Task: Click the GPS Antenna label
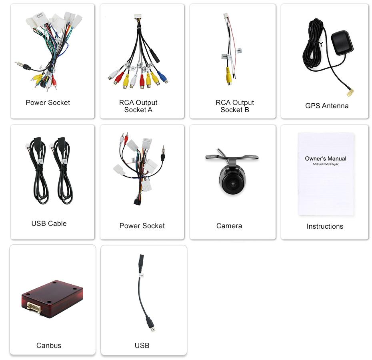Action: [x=326, y=106]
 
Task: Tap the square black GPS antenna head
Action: [x=342, y=40]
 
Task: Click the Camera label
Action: [x=229, y=226]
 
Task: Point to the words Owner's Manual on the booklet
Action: [x=326, y=159]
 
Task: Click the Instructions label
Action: [x=325, y=226]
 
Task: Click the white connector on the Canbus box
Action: [x=35, y=307]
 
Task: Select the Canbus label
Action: [x=49, y=345]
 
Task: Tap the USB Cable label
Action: [x=49, y=223]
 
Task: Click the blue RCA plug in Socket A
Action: [x=162, y=76]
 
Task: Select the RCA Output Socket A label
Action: [x=138, y=106]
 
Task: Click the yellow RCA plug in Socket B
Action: [x=229, y=76]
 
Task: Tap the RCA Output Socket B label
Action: [x=235, y=106]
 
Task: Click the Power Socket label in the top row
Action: [x=48, y=103]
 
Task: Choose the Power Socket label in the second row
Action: [x=142, y=226]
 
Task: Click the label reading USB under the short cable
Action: [x=142, y=345]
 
